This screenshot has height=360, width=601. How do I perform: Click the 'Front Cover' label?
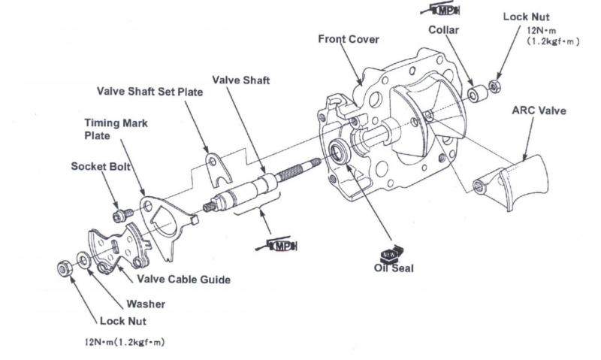(x=348, y=39)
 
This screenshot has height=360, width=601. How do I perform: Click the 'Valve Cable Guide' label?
(x=183, y=279)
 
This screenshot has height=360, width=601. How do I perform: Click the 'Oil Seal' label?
(x=394, y=268)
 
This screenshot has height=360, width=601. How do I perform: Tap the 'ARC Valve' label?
(x=539, y=110)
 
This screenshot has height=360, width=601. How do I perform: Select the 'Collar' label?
(x=443, y=31)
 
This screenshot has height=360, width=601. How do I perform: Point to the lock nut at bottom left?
(x=65, y=267)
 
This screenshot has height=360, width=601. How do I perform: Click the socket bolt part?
(x=119, y=216)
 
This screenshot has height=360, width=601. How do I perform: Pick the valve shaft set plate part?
(x=216, y=169)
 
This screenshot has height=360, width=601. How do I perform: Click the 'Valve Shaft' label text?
(x=240, y=80)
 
